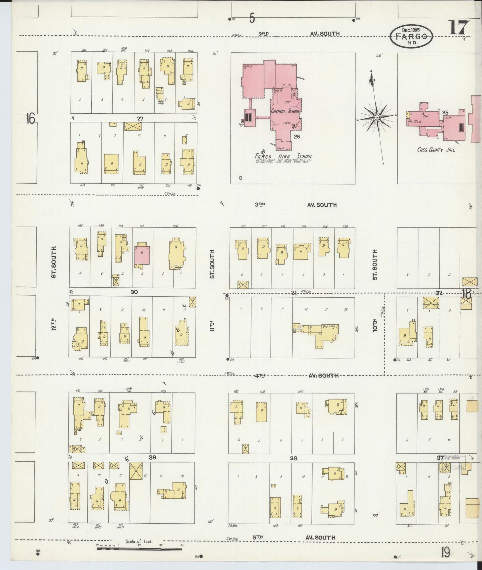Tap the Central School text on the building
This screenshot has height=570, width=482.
coord(286,111)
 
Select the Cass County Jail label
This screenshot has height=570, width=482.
coord(436,150)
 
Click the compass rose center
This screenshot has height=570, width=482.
coord(377,117)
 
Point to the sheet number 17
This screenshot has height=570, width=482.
coord(458,27)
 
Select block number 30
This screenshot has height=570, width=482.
coord(134,292)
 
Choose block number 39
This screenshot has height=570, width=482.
coord(152,458)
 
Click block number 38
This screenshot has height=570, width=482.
coord(293,458)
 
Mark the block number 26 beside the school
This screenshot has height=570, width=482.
coord(297,136)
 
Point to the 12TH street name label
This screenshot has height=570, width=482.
coord(53,323)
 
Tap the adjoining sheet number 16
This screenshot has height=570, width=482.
coord(30,118)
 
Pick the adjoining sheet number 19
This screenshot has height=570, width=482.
coord(445,553)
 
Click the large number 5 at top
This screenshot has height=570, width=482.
coord(252,18)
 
